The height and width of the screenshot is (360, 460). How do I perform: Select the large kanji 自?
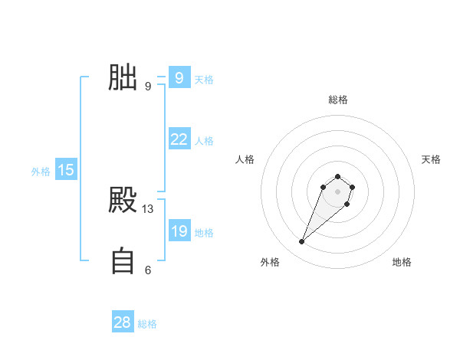point(123,261)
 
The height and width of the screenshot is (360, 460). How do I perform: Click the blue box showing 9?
point(179,77)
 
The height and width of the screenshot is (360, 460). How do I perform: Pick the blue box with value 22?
point(179,139)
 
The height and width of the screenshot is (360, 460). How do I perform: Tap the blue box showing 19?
point(179,231)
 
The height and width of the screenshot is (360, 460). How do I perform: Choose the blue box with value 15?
point(66,170)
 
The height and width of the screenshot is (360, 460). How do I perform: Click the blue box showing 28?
point(123,322)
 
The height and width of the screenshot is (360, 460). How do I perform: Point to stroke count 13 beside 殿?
point(148,209)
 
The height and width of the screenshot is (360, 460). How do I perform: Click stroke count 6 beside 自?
point(148,270)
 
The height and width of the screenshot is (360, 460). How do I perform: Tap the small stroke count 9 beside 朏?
point(148,87)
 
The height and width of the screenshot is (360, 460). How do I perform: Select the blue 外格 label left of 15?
point(41,172)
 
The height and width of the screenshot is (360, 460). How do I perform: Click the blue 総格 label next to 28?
point(147,324)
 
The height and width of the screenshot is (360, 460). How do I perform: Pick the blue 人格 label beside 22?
point(204,141)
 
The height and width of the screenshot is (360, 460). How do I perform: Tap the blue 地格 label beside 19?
point(204,232)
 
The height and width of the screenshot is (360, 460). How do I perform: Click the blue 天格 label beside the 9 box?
point(204,79)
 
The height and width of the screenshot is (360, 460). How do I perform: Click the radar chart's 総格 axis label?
point(338,100)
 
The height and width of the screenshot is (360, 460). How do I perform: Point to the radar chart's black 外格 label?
point(270,262)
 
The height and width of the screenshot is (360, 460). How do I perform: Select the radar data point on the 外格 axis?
point(302,242)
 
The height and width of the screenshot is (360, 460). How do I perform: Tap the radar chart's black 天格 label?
point(431,159)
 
